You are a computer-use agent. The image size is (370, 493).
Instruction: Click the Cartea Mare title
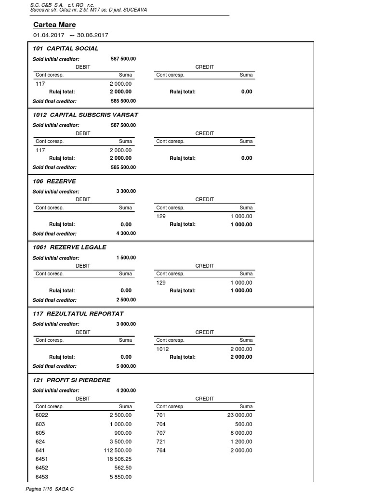[54, 25]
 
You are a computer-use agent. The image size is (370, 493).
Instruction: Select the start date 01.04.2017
[49, 35]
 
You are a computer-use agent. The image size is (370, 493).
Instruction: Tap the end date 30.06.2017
[92, 35]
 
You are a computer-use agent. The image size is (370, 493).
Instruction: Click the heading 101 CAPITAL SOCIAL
[66, 48]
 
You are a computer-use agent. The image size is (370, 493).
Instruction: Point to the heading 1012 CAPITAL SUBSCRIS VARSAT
[85, 115]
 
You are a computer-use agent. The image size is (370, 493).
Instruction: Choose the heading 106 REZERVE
[54, 181]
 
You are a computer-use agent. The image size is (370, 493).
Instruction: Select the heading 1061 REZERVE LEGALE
[69, 247]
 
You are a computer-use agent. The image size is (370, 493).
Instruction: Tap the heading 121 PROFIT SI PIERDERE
[71, 380]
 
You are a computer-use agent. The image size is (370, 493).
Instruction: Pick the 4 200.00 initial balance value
[126, 390]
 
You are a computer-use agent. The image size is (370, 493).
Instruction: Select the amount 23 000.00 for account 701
[239, 415]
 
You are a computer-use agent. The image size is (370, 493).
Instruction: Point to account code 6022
[42, 415]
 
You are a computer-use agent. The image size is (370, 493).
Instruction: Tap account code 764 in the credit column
[161, 450]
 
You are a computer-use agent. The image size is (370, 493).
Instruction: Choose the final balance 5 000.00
[126, 366]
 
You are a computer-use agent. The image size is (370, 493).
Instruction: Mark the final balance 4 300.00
[126, 234]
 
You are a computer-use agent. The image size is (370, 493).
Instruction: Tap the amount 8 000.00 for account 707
[241, 433]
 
